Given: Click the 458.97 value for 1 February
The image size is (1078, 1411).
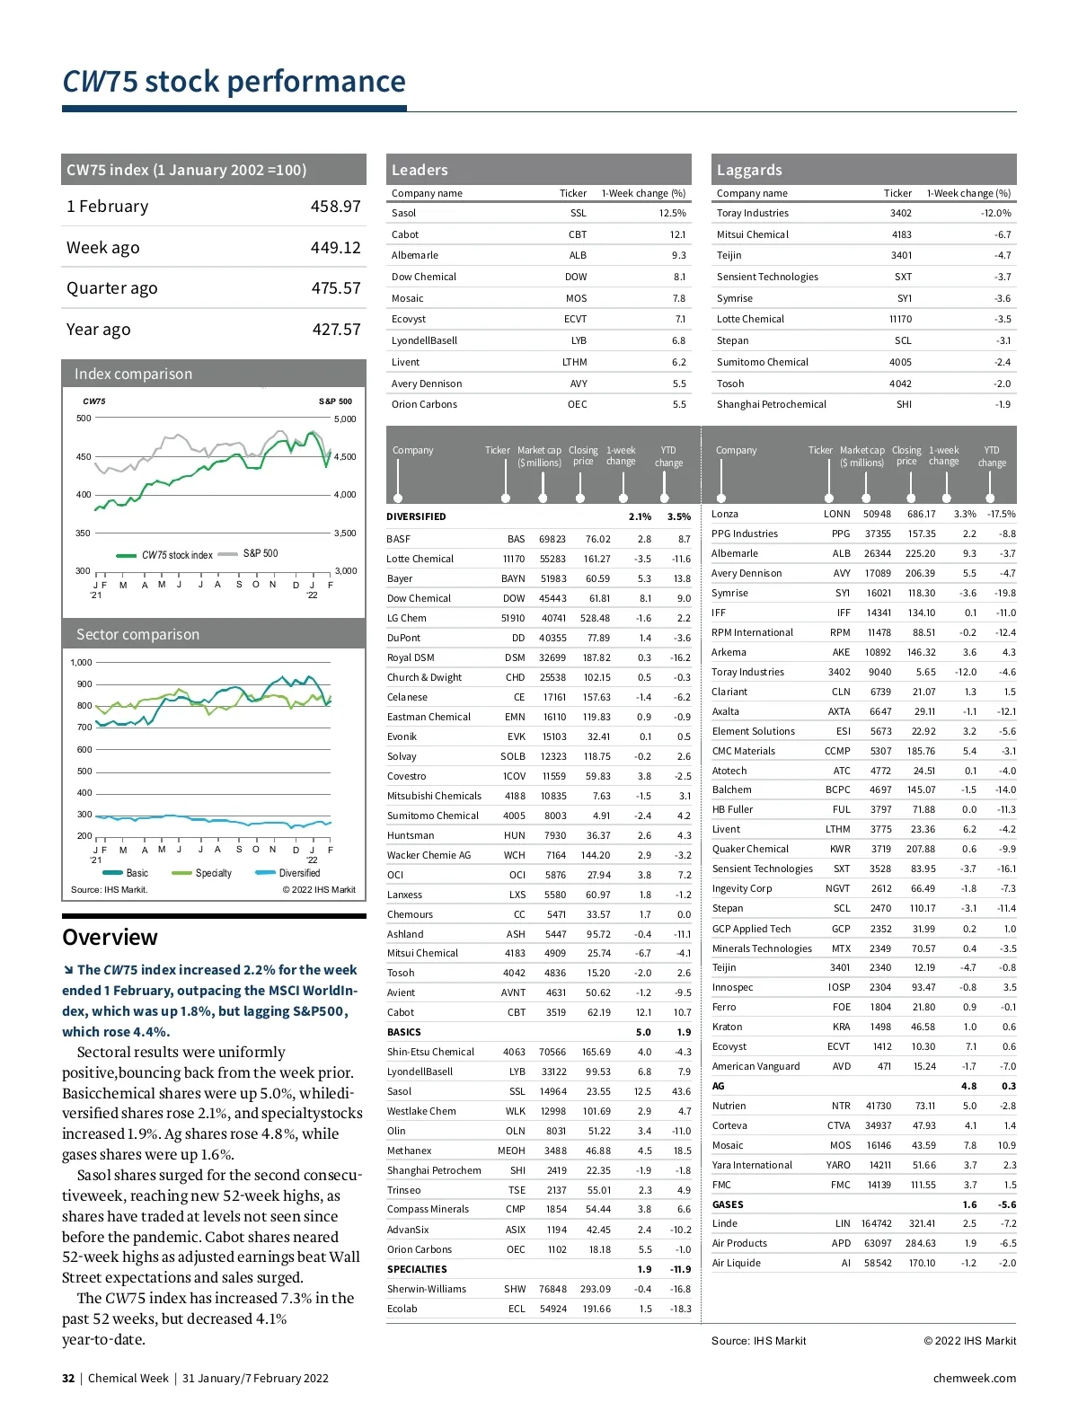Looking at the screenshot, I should (x=335, y=207).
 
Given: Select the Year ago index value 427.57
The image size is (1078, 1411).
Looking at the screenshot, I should (x=336, y=330).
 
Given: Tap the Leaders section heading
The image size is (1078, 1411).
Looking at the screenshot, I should (x=420, y=170).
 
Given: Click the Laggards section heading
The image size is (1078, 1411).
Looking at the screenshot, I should (x=749, y=170).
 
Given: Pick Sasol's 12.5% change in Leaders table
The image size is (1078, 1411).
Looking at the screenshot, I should (x=672, y=213).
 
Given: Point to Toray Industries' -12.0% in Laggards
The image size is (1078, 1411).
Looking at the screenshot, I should (x=995, y=213).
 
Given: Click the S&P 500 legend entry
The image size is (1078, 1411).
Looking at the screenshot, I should (x=260, y=553).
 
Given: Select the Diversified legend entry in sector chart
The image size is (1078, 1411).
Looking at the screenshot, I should (x=298, y=873).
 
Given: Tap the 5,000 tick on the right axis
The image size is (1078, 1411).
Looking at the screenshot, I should (x=345, y=419).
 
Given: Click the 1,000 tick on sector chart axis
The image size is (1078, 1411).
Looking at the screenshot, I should (x=81, y=663).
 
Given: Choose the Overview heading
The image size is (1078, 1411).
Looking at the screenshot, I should (x=110, y=937).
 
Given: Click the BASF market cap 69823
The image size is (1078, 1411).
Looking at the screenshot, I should (x=552, y=539).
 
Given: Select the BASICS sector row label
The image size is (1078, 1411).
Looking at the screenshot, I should (x=404, y=1032).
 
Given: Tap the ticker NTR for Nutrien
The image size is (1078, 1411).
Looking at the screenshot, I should (x=841, y=1106).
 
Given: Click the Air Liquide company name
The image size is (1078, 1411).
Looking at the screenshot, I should (x=737, y=1263).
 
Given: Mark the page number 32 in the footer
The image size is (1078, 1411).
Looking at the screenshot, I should (x=68, y=1378).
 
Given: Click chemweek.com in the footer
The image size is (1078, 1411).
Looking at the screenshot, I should (x=975, y=1378).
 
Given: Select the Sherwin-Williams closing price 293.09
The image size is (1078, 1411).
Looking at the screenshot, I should (x=596, y=1289).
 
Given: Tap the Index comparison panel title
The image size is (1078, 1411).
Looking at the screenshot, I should (x=133, y=374).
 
